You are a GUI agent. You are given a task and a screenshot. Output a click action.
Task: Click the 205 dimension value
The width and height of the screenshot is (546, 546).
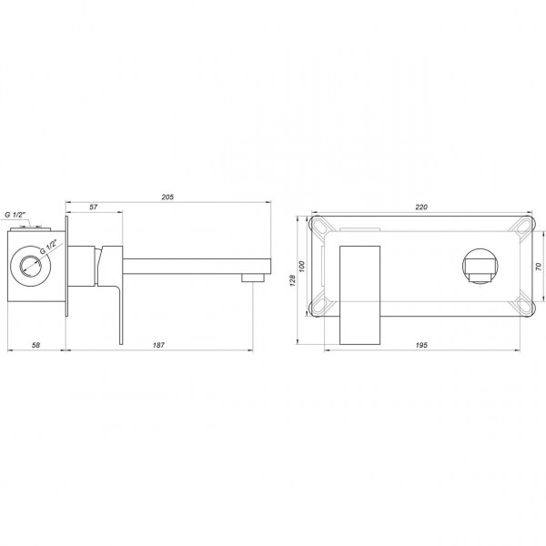pyautogui.click(x=167, y=197)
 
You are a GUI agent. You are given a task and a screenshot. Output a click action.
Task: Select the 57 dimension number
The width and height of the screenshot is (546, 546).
pyautogui.click(x=93, y=208)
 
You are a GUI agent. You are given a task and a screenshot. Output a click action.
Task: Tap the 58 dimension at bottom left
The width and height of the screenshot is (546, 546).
pyautogui.click(x=35, y=347)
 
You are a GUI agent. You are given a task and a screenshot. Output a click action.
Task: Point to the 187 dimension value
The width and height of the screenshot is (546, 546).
pyautogui.click(x=159, y=347)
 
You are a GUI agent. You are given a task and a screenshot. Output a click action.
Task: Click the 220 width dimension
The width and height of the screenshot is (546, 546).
pyautogui.click(x=421, y=207)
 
